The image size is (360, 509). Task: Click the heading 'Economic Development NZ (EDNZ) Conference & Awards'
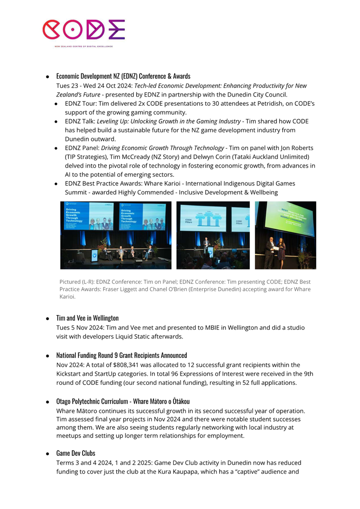coord(123,76)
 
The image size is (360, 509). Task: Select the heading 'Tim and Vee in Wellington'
coord(87,318)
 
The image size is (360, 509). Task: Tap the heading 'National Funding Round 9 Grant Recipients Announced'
coord(121,355)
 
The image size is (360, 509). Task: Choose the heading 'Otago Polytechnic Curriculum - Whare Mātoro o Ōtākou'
coord(123,401)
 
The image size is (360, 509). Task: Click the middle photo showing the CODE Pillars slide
coord(213,235)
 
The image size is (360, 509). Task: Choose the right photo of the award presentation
coord(285,235)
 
